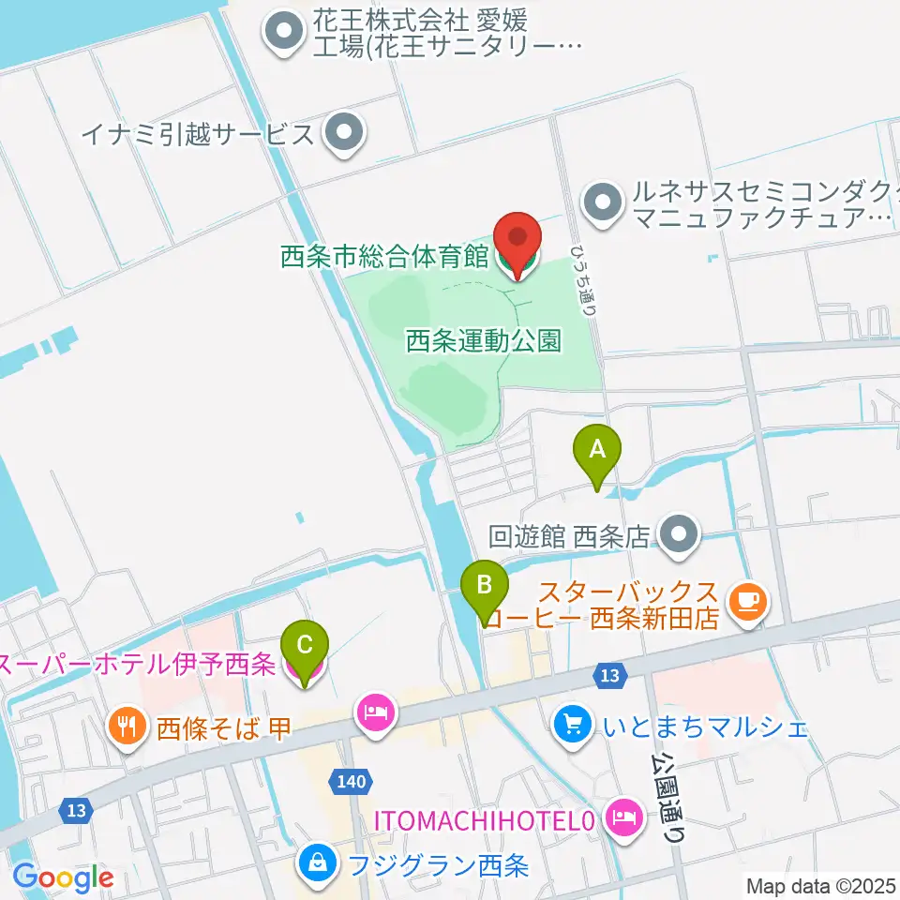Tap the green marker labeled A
597,454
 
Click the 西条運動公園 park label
484,340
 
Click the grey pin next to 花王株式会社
282,33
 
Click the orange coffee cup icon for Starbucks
747,601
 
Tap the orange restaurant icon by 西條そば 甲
126,725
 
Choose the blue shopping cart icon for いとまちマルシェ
573,723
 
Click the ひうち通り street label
587,279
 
